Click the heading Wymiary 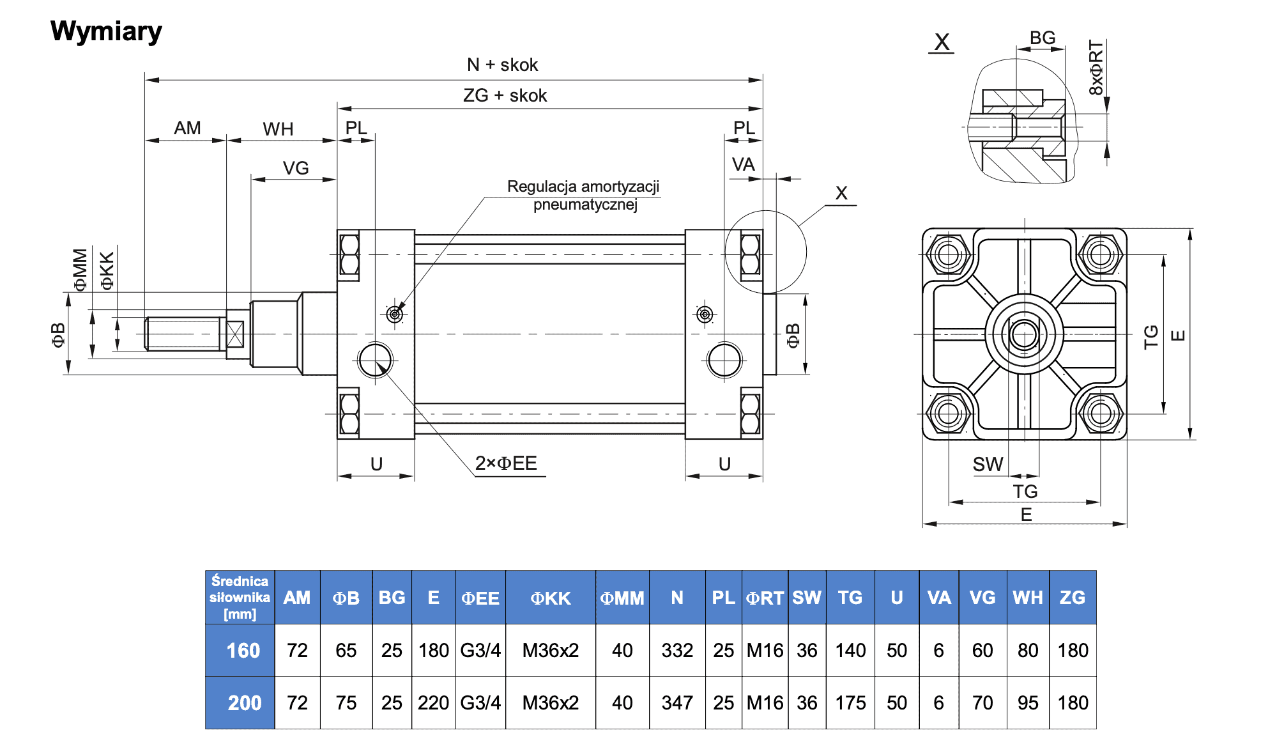(106, 31)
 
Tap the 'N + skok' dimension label (502, 65)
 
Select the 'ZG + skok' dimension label (505, 96)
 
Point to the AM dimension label (187, 128)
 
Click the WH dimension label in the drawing (278, 130)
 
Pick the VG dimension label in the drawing (296, 168)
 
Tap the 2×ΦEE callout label (506, 463)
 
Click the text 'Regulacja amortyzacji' (583, 187)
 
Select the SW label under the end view (988, 465)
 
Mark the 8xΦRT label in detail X (1096, 68)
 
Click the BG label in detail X (1043, 38)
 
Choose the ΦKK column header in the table (550, 598)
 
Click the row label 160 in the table (243, 651)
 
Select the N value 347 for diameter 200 (677, 703)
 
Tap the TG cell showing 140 (850, 651)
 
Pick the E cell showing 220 (433, 703)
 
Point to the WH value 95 (1027, 703)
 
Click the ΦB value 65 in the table (346, 651)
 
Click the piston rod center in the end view (1024, 334)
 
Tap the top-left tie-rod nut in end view (948, 255)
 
